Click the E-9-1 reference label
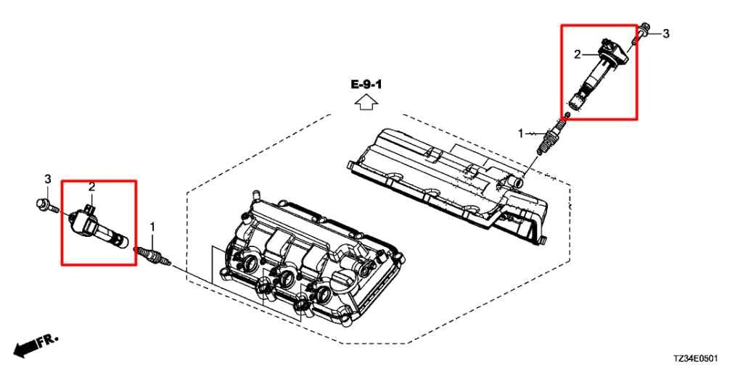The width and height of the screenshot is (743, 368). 366,85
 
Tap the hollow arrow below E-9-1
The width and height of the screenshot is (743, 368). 366,101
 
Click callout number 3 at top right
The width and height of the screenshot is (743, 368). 665,33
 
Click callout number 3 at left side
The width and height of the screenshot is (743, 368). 47,179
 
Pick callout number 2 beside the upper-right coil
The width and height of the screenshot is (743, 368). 577,55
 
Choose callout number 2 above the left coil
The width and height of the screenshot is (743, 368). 92,188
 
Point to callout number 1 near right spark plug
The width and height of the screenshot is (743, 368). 521,134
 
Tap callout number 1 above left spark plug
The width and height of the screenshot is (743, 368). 152,227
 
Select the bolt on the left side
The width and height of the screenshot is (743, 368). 46,205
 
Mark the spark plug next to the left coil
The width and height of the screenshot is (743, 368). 152,256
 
